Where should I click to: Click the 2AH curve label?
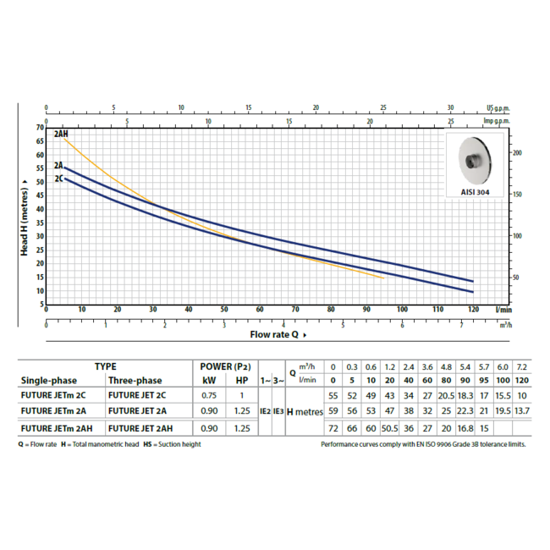pyautogui.click(x=61, y=134)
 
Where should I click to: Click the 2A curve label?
pyautogui.click(x=58, y=166)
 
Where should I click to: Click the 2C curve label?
pyautogui.click(x=58, y=179)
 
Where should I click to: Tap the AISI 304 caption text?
pyautogui.click(x=475, y=192)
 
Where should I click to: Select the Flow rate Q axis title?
pyautogui.click(x=273, y=334)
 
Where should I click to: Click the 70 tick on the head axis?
pyautogui.click(x=40, y=127)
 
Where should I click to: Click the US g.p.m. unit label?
pyautogui.click(x=500, y=108)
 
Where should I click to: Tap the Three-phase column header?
pyautogui.click(x=135, y=380)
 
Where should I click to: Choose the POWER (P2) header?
pyautogui.click(x=224, y=366)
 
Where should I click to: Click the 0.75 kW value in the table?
pyautogui.click(x=207, y=395)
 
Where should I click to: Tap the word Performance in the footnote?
pyautogui.click(x=342, y=444)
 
